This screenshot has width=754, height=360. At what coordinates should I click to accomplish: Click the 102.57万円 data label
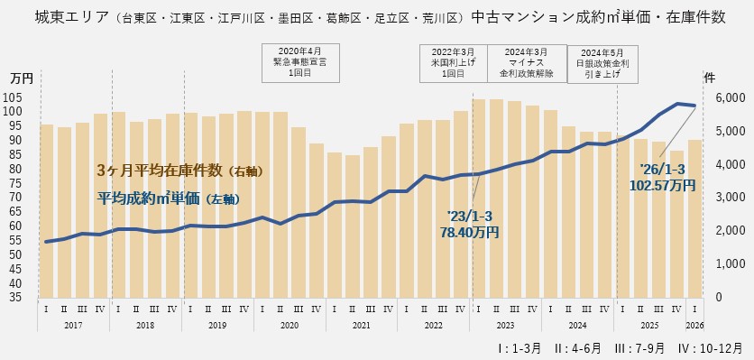tap(668, 177)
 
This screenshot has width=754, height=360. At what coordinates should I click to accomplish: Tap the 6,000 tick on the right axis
tap(728, 97)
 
